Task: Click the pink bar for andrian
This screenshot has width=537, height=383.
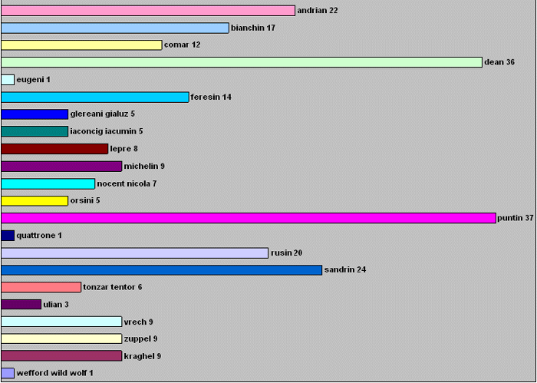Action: (148, 11)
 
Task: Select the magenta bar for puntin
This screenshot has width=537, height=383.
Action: (249, 218)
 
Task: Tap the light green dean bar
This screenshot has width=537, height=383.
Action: (242, 62)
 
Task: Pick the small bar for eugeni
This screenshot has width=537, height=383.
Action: (8, 80)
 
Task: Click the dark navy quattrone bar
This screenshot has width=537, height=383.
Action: (8, 236)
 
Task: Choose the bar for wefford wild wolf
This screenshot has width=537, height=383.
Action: (8, 373)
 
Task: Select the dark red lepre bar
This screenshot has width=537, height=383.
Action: (54, 149)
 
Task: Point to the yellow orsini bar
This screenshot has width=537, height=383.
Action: (35, 201)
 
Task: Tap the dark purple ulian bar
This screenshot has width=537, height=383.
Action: (21, 304)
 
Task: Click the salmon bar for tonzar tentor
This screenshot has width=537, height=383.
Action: (41, 287)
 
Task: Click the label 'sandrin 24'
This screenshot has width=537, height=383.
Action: (345, 269)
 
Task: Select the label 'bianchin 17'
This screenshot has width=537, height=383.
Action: (253, 28)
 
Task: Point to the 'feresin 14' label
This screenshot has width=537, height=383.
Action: (211, 97)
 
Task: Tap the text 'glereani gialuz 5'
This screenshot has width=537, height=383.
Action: (102, 114)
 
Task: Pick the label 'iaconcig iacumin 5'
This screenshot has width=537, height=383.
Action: (107, 131)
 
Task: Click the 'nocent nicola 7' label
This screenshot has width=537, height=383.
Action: (127, 183)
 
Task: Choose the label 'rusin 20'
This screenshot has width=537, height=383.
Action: (286, 253)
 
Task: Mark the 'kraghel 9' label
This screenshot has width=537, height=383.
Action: (143, 356)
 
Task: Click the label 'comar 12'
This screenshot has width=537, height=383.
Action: (183, 45)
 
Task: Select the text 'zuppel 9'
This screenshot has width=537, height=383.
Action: (140, 339)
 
